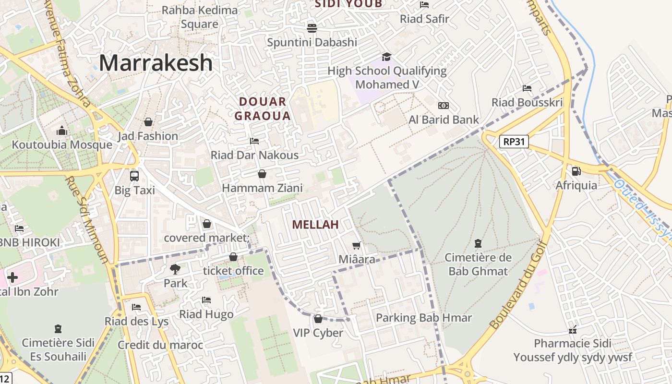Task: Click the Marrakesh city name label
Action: (156, 63)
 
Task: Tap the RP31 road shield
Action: (514, 142)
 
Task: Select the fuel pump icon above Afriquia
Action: (576, 171)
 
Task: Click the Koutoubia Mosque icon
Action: (62, 131)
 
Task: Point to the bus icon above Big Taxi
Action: (134, 176)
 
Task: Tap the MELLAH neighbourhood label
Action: (315, 224)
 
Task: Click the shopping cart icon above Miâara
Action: (356, 246)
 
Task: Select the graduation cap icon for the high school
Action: (386, 57)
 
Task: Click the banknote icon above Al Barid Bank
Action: (443, 106)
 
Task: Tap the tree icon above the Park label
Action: (175, 269)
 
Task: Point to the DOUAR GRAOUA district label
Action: (263, 108)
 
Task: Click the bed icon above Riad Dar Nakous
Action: (254, 141)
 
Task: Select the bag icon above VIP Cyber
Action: (318, 319)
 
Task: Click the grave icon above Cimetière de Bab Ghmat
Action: (478, 243)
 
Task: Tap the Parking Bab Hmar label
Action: (424, 318)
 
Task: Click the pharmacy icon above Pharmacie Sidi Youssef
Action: (572, 329)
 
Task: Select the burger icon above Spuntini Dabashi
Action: (312, 28)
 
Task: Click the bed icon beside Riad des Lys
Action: (136, 307)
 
